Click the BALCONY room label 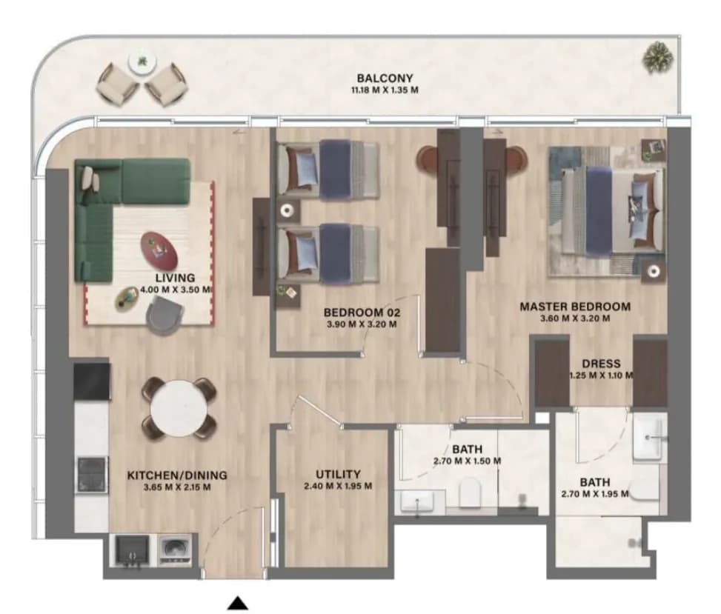point(385,78)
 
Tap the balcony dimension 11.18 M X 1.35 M point(385,90)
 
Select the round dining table point(179,407)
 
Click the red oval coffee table point(159,250)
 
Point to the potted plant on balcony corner point(657,58)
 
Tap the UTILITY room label point(338,474)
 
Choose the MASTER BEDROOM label point(575,307)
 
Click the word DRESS point(601,364)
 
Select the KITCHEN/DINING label point(177,475)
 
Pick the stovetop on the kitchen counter point(93,475)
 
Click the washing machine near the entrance point(175,550)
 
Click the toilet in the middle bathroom point(471,493)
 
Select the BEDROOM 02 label point(362,313)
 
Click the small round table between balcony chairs point(142,62)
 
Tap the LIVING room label point(175,278)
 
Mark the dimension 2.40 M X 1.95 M point(338,486)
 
